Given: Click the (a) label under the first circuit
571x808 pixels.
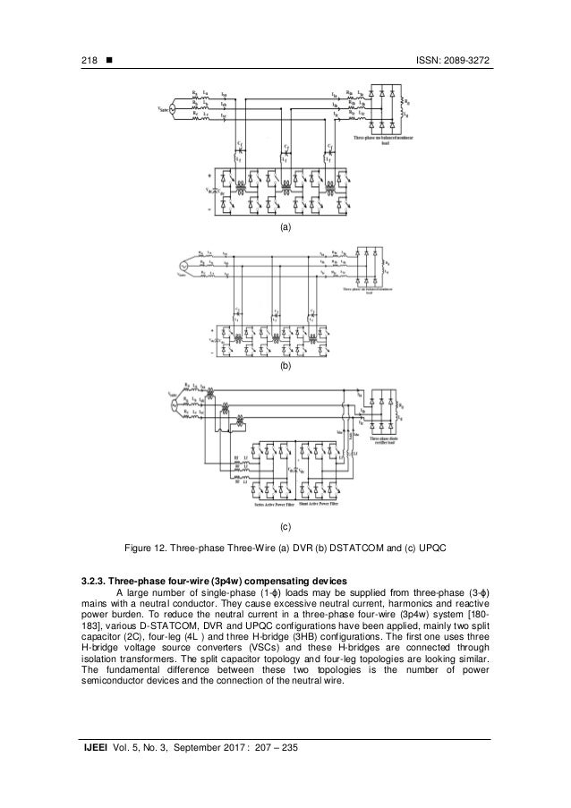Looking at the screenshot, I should click(285, 229).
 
